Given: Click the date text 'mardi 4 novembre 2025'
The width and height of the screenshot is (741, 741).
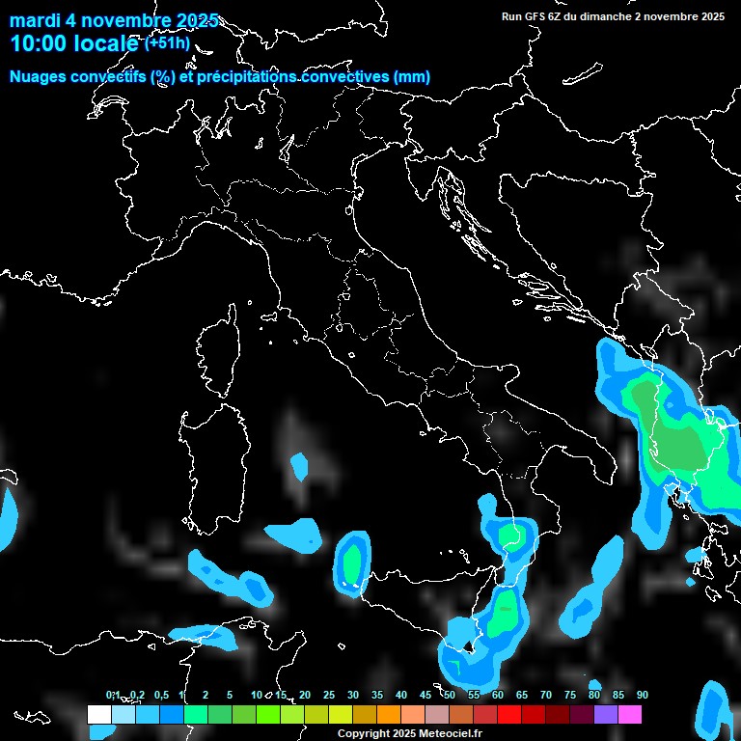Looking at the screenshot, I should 114,21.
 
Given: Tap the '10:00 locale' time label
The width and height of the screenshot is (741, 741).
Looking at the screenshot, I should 74,44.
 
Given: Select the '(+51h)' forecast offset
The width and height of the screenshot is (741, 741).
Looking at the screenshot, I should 167,43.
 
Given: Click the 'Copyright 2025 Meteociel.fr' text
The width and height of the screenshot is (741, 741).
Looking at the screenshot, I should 409,733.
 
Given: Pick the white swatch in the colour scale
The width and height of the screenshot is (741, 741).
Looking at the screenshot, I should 98,715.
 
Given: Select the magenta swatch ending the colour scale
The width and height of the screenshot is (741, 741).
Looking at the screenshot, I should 630,715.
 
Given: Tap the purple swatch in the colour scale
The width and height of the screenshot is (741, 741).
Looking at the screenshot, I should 606,715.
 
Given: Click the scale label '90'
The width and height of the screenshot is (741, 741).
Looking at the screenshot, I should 643,695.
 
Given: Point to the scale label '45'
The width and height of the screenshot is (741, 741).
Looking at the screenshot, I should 425,695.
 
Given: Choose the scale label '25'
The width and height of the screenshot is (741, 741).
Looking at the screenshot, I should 329,695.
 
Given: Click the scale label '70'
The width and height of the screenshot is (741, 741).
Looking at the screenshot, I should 546,695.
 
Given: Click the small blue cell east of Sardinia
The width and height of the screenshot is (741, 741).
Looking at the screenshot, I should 299,468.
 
